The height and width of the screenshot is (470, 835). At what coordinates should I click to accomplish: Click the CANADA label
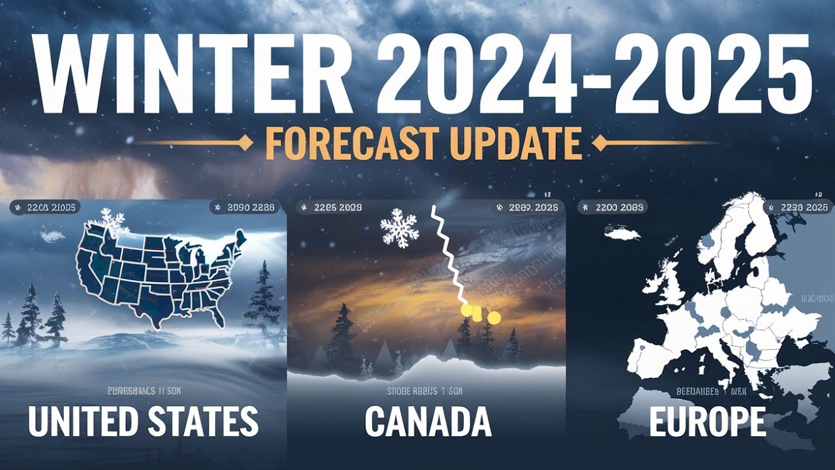tap(427, 422)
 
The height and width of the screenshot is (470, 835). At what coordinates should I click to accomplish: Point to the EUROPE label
tap(707, 422)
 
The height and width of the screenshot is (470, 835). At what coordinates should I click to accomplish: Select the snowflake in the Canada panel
tap(399, 228)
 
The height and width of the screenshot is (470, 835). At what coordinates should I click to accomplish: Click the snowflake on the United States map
tap(112, 223)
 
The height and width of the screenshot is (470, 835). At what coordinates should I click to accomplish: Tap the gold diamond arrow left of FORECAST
tap(246, 143)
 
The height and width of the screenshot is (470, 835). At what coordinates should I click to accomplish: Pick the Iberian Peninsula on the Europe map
tap(652, 356)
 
